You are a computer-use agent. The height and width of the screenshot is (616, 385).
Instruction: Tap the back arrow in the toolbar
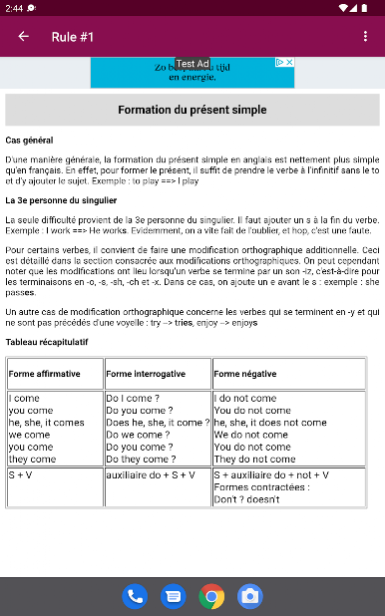(x=23, y=37)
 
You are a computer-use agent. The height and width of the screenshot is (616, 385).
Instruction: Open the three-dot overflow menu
(x=365, y=37)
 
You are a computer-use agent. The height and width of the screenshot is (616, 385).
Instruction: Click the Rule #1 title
(x=73, y=37)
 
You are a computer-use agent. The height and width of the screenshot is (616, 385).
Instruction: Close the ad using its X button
(x=289, y=63)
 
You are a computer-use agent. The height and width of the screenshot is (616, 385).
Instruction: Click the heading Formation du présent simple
(x=192, y=110)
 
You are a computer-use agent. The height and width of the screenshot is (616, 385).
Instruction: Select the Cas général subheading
(x=29, y=141)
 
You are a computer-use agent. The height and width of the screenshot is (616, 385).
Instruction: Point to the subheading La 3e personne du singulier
(x=61, y=201)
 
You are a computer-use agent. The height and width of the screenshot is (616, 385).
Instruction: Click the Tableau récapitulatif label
(x=46, y=342)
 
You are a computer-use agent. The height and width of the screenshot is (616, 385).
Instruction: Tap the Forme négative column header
(x=247, y=374)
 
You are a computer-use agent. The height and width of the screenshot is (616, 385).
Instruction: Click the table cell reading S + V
(x=21, y=474)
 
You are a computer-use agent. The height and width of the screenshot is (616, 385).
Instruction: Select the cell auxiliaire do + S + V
(x=151, y=474)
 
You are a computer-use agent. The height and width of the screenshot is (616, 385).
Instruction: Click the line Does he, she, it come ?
(x=158, y=423)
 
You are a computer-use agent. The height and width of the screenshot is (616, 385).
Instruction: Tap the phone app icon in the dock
(x=135, y=596)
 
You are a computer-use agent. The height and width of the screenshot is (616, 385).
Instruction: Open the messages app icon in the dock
(x=173, y=596)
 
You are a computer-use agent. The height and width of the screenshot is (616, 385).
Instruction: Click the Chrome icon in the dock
(x=211, y=596)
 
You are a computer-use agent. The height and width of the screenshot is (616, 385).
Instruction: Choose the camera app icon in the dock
(x=249, y=596)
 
